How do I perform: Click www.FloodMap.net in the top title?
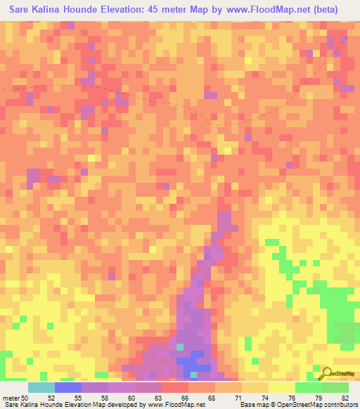(272, 10)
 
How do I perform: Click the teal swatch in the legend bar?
(41, 387)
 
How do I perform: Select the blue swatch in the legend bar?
(68, 387)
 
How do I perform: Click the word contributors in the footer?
(335, 405)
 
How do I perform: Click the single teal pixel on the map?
(181, 347)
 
